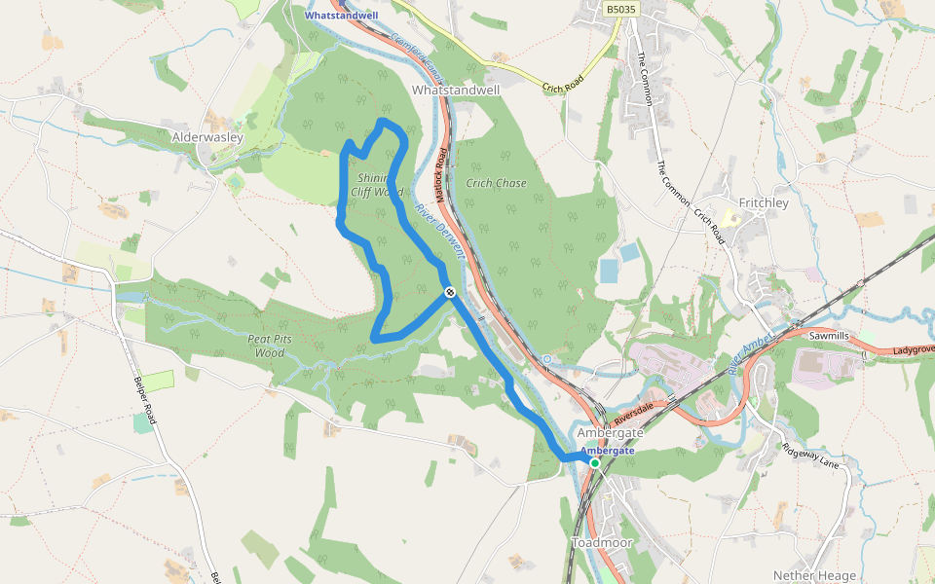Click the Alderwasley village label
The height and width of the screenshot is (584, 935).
click(x=206, y=137)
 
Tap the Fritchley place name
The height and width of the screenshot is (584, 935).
click(x=764, y=202)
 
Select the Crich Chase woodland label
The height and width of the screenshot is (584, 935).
click(x=496, y=183)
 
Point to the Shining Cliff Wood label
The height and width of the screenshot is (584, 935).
click(x=376, y=185)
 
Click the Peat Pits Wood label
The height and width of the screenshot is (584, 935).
click(x=271, y=346)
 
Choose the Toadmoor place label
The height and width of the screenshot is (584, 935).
click(x=602, y=542)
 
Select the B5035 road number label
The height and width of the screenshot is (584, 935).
click(x=620, y=10)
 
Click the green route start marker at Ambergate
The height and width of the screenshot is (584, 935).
click(x=594, y=463)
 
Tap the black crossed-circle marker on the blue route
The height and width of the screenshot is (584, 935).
click(x=450, y=292)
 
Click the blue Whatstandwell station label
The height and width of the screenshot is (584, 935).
click(x=342, y=16)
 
